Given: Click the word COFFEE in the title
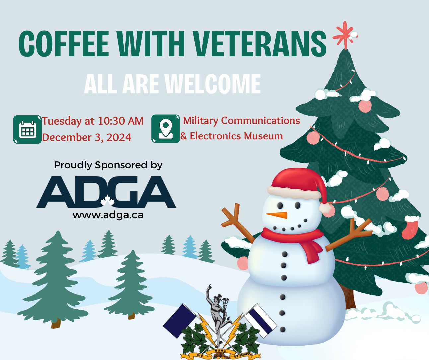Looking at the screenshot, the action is click(63, 44).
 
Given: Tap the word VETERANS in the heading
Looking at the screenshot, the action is click(260, 44).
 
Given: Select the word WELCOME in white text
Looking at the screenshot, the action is click(213, 84).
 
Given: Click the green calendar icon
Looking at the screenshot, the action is click(27, 130).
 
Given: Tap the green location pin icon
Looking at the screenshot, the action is click(166, 129).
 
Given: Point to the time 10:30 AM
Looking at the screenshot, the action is click(120, 121).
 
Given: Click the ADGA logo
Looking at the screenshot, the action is click(106, 192).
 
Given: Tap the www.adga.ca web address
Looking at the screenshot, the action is click(108, 215).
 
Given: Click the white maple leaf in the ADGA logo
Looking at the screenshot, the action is click(107, 201).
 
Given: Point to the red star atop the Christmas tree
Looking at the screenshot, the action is click(345, 36).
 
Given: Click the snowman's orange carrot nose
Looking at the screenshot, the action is click(277, 215).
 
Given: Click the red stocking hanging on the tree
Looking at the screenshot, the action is click(410, 227).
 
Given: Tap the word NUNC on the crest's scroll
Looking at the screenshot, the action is click(220, 351).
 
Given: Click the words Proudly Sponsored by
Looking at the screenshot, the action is click(108, 165).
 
